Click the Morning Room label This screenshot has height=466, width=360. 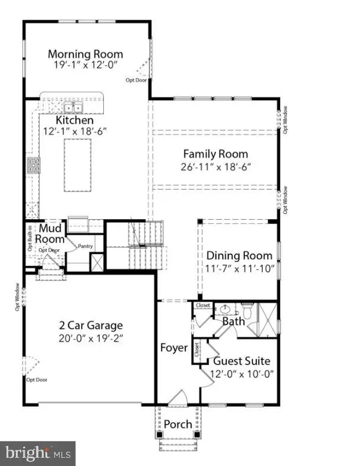pos(85,54)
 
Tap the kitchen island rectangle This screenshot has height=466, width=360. pos(78,165)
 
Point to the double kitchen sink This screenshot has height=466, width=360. pos(74,107)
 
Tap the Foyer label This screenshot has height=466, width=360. pos(175,348)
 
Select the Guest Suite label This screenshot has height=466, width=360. pos(242,362)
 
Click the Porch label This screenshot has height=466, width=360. pos(178,425)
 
